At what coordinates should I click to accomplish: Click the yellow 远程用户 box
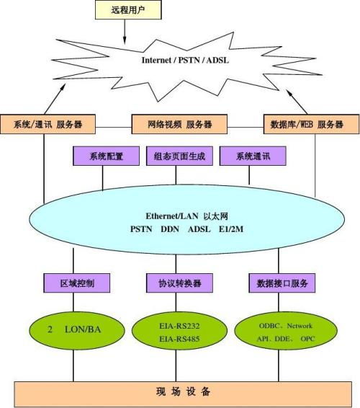pos(128,9)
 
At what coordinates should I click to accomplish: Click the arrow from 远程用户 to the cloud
pos(125,32)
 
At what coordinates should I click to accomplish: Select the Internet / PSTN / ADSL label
pos(185,60)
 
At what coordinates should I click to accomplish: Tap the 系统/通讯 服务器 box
pos(48,124)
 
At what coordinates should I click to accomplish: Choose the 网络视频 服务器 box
pos(179,124)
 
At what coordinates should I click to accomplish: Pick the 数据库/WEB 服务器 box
pos(311,124)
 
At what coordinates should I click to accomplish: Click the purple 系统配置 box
pos(106,156)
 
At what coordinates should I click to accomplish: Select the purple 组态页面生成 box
pos(179,156)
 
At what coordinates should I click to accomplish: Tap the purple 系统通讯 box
pos(253,156)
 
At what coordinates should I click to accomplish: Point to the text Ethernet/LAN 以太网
pos(186,216)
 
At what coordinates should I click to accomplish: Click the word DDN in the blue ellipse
pos(170,229)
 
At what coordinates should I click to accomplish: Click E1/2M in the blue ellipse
pos(231,229)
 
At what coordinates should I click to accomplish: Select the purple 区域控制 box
pos(76,283)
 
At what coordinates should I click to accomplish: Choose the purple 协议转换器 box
pos(179,283)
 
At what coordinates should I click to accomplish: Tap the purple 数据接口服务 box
pos(282,283)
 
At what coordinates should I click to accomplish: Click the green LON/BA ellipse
pos(76,330)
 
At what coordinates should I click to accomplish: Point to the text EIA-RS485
pos(179,339)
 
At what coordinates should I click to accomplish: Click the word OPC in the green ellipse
pos(307,339)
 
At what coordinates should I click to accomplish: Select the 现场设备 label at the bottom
pos(184,391)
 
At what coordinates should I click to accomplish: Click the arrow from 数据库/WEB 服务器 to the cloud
pos(297,102)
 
